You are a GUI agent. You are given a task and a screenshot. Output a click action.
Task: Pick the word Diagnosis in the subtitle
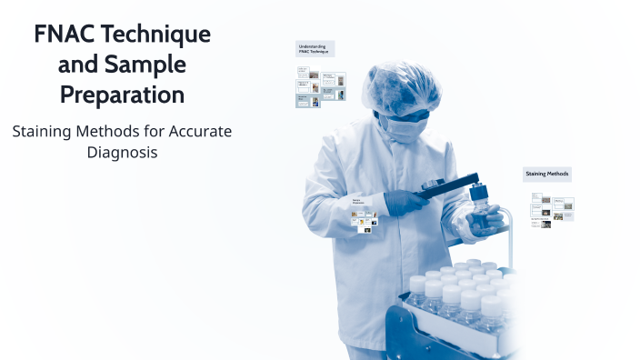point(122,152)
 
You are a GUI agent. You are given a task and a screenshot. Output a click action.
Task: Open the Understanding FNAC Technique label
point(315,48)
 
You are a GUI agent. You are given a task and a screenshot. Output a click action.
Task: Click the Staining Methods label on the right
point(547,174)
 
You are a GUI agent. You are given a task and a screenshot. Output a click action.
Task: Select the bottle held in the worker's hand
point(479,210)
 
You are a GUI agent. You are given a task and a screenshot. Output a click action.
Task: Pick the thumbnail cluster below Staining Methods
point(552,211)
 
